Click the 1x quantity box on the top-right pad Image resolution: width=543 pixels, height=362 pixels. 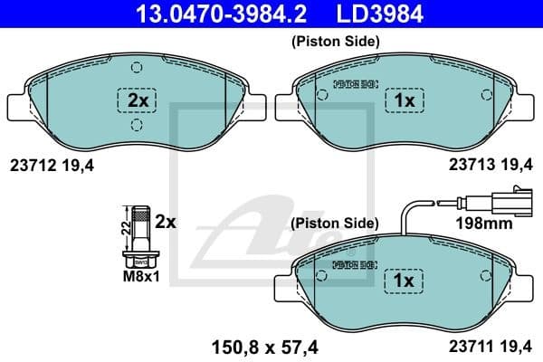404,101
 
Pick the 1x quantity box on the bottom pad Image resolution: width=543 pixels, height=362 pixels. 404,281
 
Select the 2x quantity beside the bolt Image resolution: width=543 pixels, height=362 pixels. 166,220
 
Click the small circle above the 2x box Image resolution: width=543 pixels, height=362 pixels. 136,67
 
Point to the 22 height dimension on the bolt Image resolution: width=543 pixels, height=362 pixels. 125,233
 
